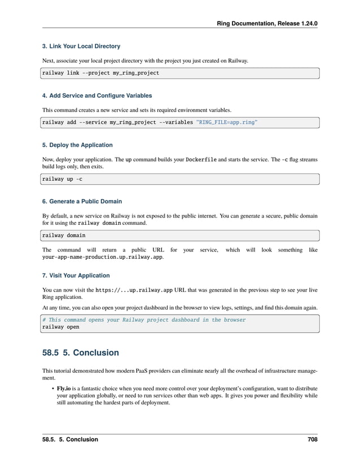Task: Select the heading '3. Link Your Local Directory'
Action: (x=81, y=46)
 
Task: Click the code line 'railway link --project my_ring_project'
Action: (x=100, y=73)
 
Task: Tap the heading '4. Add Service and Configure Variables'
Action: (x=97, y=95)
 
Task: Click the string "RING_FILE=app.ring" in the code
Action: (x=226, y=122)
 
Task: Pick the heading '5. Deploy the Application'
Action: (x=77, y=145)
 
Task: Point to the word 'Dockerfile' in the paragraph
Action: (x=204, y=159)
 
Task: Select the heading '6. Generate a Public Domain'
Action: (x=82, y=201)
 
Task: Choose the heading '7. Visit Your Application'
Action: (x=76, y=276)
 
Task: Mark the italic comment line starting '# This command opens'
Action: (x=144, y=320)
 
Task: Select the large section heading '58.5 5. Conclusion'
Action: (x=81, y=352)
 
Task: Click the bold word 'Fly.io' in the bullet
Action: (x=63, y=389)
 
